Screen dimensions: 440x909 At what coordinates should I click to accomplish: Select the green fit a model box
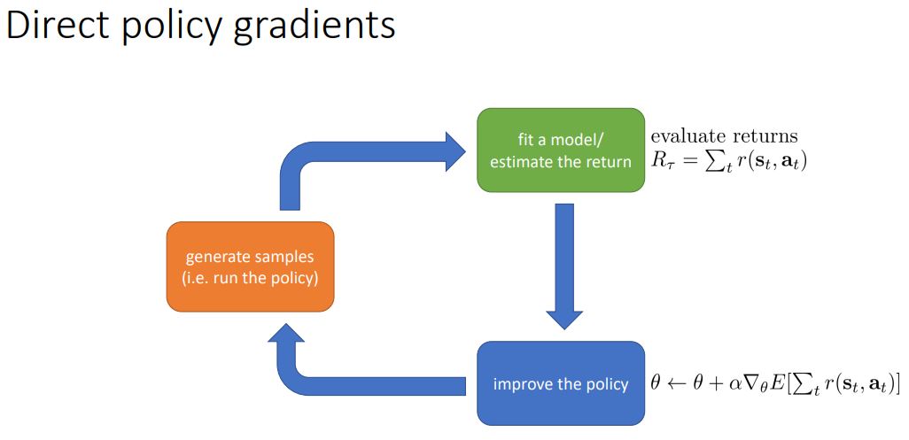(x=561, y=150)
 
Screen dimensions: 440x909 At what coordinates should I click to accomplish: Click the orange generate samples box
(x=250, y=266)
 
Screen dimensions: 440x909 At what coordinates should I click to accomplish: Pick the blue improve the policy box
(x=561, y=383)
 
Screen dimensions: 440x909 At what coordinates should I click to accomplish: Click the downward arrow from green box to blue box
(x=563, y=266)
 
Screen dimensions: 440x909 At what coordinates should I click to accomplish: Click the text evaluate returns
(x=724, y=136)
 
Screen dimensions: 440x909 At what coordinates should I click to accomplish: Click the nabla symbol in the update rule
(x=750, y=383)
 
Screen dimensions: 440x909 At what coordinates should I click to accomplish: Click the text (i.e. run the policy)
(x=250, y=277)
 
